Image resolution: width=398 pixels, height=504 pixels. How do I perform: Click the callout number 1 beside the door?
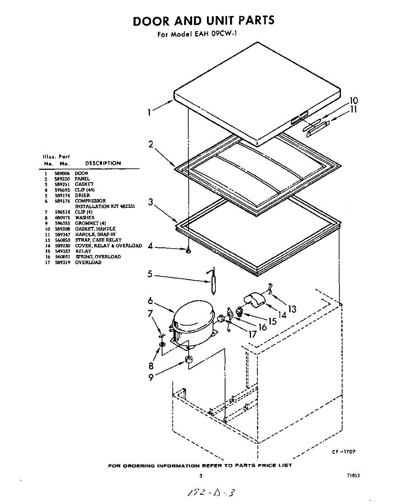point(149,112)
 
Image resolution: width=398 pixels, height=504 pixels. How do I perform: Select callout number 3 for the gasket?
point(150,202)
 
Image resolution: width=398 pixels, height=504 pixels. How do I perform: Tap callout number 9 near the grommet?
point(151,377)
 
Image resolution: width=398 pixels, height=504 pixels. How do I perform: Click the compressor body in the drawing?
point(193,322)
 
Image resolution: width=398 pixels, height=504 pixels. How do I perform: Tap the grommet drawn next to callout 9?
point(189,360)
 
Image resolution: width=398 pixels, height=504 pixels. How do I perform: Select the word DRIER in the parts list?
point(82,195)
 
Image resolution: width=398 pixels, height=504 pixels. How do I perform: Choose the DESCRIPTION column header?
point(103,163)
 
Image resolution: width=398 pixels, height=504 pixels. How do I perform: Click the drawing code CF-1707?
point(343,451)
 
